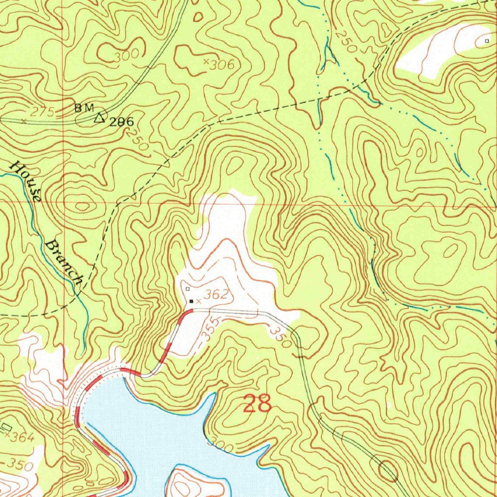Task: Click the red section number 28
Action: point(257,403)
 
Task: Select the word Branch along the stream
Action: point(65,261)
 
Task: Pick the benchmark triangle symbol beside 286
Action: point(100,117)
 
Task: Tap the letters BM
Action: point(83,108)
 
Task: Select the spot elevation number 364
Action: point(22,438)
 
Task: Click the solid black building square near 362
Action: point(191,301)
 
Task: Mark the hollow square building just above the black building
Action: point(187,289)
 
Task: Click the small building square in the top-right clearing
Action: point(487,42)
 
